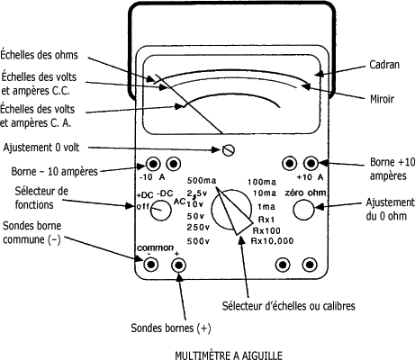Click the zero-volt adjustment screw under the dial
[229, 150]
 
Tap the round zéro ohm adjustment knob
[303, 210]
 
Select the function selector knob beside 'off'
[160, 210]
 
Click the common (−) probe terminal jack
[150, 265]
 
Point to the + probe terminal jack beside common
[178, 265]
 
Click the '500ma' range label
[202, 181]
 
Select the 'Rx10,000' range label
[272, 241]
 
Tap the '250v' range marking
[198, 228]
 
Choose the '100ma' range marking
[262, 182]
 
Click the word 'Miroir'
[382, 99]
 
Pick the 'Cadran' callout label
[384, 65]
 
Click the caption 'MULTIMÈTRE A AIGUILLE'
[229, 355]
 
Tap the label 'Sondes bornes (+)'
[171, 328]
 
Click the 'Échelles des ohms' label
[39, 55]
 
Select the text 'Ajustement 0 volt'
[41, 148]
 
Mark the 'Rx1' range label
[266, 220]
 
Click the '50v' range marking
[195, 216]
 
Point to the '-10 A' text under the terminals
[152, 177]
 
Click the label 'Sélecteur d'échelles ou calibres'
[289, 306]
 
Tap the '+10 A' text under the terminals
[310, 177]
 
